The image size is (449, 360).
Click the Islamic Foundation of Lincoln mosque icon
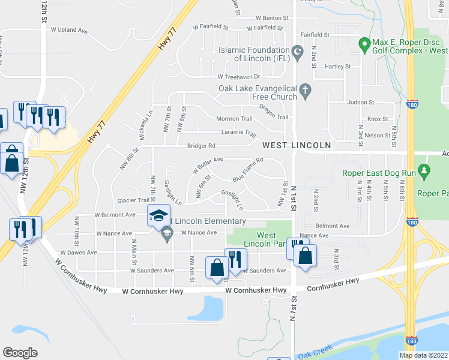pyautogui.click(x=296, y=53)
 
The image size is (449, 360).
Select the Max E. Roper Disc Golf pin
pyautogui.click(x=363, y=44)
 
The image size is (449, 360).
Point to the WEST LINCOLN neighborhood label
pyautogui.click(x=297, y=146)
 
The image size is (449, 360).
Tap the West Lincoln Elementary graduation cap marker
pyautogui.click(x=158, y=215)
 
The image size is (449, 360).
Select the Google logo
pyautogui.click(x=20, y=353)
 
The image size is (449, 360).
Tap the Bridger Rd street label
pyautogui.click(x=201, y=146)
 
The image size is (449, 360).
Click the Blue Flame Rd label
pyautogui.click(x=249, y=170)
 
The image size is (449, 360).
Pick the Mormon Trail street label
pyautogui.click(x=238, y=118)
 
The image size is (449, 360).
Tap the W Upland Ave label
pyautogui.click(x=70, y=29)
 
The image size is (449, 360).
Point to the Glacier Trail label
pyautogui.click(x=133, y=200)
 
